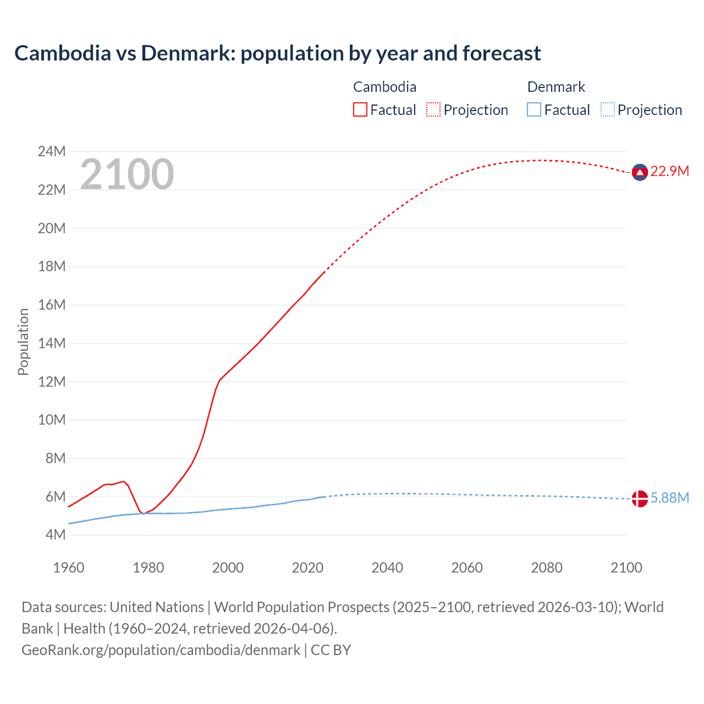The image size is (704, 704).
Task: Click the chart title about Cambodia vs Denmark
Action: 277,53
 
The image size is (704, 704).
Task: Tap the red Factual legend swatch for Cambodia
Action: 360,109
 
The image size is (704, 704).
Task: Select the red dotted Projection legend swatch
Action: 433,109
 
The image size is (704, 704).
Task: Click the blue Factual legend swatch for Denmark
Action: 533,109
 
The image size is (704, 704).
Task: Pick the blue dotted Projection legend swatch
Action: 607,109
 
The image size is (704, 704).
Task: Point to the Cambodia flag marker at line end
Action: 639,172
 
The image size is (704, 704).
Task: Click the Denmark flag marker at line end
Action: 639,498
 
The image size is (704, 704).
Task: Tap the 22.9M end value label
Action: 669,172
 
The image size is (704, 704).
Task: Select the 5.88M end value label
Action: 669,498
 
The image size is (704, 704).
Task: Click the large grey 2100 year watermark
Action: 127,174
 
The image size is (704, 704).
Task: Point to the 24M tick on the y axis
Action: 52,151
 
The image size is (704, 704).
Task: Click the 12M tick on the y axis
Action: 52,381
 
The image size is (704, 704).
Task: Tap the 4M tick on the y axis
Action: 55,535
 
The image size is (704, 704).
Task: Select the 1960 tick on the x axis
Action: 69,568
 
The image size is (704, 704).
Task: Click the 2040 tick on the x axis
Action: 387,568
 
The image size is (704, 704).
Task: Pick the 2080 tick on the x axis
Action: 547,568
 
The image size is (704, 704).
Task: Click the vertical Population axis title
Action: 23,342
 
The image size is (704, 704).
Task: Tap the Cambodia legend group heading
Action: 384,87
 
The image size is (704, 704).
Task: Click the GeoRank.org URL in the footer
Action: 161,650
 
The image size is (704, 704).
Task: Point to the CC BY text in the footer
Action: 331,650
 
